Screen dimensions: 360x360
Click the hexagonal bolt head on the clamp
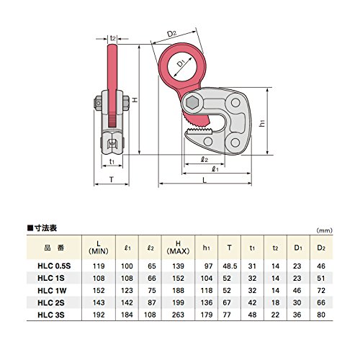pos(192,103)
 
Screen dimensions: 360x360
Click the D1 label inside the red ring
pos(181,63)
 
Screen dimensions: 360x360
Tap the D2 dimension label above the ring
pos(171,34)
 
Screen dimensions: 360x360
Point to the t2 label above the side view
pos(113,38)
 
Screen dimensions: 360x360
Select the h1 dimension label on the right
pos(262,123)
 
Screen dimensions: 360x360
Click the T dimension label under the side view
pos(112,179)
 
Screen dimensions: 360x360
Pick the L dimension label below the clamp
pos(204,180)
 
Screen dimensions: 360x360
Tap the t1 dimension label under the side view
pos(112,161)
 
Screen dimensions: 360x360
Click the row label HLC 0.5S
pos(54,266)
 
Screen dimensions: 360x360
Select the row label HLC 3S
pos(51,315)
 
